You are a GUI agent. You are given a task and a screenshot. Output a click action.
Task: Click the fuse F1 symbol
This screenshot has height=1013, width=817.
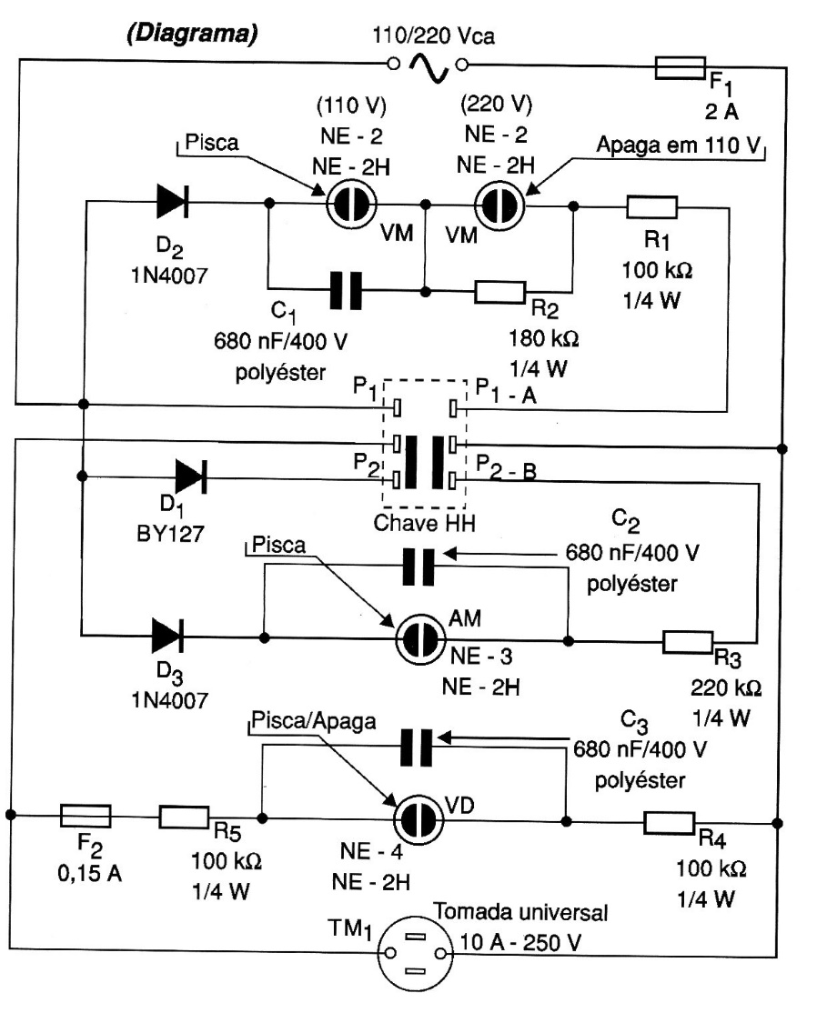(680, 68)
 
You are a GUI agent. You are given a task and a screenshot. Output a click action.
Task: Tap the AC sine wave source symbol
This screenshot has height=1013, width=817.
(428, 66)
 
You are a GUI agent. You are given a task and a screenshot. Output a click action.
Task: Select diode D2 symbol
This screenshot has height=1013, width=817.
(172, 201)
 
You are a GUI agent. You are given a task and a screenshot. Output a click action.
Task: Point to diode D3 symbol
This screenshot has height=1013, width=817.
(167, 636)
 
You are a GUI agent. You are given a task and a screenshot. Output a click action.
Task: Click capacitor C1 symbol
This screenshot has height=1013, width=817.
(346, 290)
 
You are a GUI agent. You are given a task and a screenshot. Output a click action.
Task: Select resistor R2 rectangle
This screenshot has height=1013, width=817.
(499, 291)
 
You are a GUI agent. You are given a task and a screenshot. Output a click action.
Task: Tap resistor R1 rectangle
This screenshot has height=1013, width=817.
(651, 207)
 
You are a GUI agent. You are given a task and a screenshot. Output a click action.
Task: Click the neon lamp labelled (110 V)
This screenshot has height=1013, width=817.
(351, 205)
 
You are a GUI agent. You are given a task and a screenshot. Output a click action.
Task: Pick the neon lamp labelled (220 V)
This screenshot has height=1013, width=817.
(499, 206)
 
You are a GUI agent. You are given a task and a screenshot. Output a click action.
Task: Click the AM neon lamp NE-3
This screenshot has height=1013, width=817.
(420, 639)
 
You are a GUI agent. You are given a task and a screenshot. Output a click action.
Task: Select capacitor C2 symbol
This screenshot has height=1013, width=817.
(419, 567)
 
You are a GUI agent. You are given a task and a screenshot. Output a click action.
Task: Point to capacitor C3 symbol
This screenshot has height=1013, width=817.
(417, 747)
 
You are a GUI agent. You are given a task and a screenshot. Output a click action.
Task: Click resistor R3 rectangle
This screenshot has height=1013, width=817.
(688, 641)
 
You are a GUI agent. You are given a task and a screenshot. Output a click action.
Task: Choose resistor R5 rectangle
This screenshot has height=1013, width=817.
(184, 817)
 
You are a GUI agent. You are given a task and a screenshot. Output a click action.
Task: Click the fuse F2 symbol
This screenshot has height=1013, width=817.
(86, 816)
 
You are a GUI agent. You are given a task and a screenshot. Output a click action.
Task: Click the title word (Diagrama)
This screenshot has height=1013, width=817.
(192, 33)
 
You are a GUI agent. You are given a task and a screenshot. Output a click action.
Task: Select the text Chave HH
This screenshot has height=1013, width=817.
(424, 523)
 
